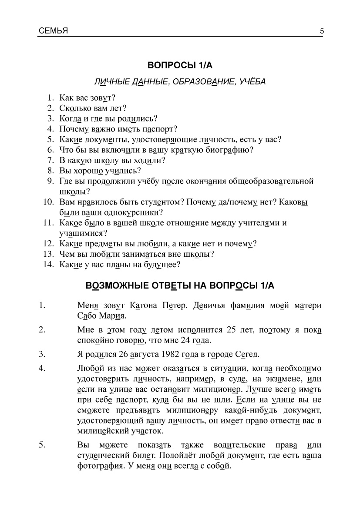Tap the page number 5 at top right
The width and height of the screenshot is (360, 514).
[x=321, y=31]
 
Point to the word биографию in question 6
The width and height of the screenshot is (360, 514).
[x=234, y=150]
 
